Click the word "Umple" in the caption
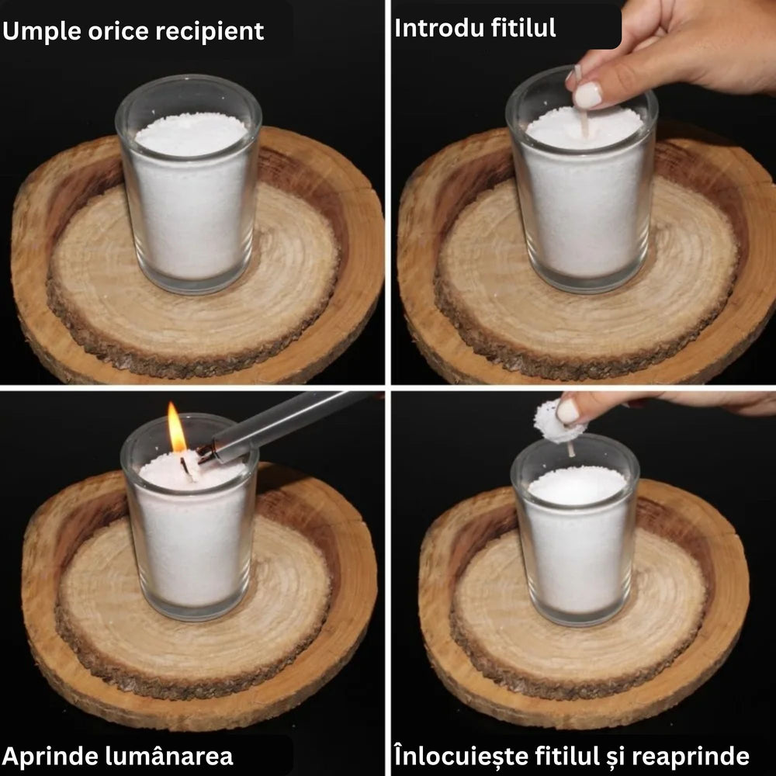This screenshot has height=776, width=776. coord(41,32)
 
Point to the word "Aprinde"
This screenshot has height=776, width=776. coord(50,756)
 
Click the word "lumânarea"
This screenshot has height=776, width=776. coord(168,756)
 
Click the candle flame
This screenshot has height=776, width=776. coord(175,428)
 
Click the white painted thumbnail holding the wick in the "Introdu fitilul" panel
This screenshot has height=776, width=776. coord(587,95)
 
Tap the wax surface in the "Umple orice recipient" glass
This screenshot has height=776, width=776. coord(191,133)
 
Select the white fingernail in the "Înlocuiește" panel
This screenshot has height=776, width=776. coord(567,411)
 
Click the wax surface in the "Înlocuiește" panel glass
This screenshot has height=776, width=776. coord(577,485)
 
